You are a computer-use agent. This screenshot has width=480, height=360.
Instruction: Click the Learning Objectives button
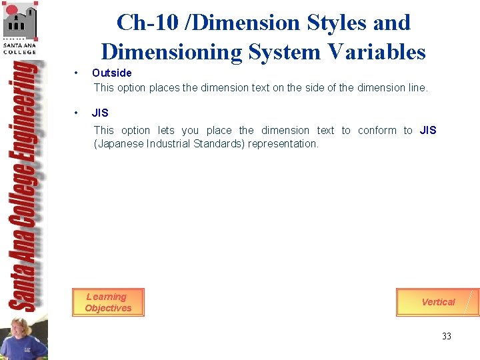click(x=108, y=302)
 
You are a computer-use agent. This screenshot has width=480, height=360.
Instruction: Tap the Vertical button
click(x=437, y=302)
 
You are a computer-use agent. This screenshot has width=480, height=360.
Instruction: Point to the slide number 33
click(x=446, y=336)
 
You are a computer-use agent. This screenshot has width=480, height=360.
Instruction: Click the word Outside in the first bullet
click(x=112, y=73)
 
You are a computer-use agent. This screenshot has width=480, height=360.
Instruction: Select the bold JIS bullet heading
click(x=100, y=113)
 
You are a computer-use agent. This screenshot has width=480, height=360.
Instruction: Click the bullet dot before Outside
click(x=77, y=73)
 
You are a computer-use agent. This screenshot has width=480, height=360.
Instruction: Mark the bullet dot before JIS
click(x=77, y=113)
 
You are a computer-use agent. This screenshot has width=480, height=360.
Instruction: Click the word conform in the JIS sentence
click(x=377, y=131)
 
